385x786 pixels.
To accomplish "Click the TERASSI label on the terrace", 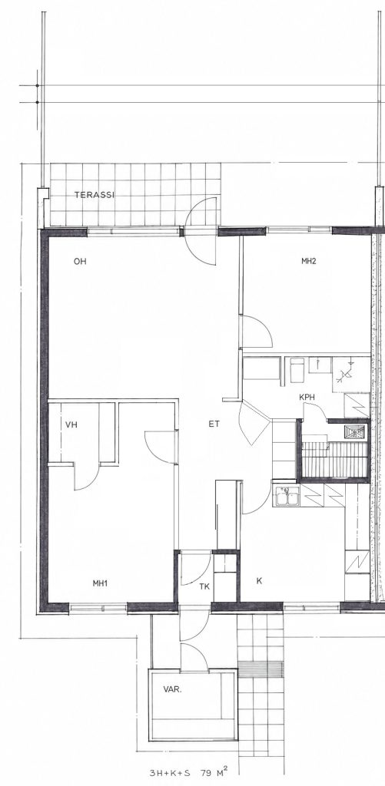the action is pyautogui.click(x=95, y=195).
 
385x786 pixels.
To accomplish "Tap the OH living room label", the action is pyautogui.click(x=80, y=261).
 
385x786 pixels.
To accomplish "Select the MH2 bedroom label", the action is pyautogui.click(x=309, y=261).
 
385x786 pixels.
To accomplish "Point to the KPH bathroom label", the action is pyautogui.click(x=307, y=397).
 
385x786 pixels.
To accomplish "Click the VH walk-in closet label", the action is pyautogui.click(x=71, y=424).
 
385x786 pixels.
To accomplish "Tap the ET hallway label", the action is pyautogui.click(x=214, y=424).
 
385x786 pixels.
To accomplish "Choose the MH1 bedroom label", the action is pyautogui.click(x=101, y=583).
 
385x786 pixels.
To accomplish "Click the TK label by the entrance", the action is pyautogui.click(x=204, y=586).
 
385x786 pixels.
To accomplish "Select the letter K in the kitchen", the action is pyautogui.click(x=259, y=581).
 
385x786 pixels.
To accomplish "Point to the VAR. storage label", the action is pyautogui.click(x=173, y=689).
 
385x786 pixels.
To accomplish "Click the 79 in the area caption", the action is pyautogui.click(x=206, y=772).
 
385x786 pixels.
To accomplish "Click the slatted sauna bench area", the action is pyautogui.click(x=334, y=459).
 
